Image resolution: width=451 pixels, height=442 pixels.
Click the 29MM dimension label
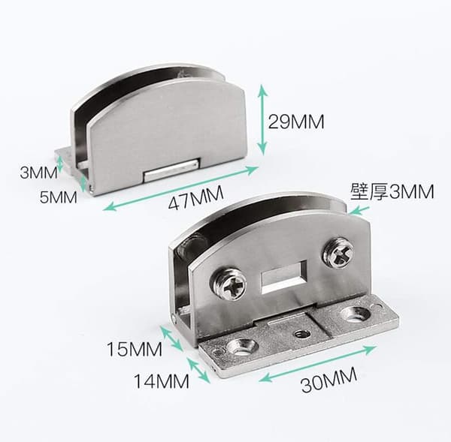[x=296, y=122]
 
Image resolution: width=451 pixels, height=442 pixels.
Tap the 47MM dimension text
[x=196, y=198]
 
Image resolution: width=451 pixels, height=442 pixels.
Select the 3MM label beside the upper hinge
[x=38, y=173]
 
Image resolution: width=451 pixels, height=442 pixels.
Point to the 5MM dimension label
[x=59, y=197]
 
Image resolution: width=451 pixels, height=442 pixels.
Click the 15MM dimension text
[x=135, y=349]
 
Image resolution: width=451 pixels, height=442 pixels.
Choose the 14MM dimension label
[x=162, y=381]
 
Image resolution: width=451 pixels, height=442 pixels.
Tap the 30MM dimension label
[x=329, y=380]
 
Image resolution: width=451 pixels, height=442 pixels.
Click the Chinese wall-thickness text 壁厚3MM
[x=392, y=192]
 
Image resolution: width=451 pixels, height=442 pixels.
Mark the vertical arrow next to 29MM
[x=262, y=120]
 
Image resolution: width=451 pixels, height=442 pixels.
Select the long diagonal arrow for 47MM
[x=180, y=188]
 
